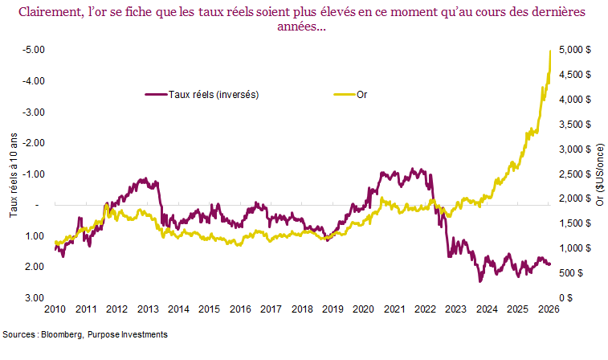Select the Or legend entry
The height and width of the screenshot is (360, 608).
coord(361,94)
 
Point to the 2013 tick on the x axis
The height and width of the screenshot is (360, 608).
coord(147,309)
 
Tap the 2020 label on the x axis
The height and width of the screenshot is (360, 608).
coord(363,309)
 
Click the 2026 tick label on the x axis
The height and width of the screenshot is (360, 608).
coord(549,309)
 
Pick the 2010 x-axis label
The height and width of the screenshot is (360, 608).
coord(55,309)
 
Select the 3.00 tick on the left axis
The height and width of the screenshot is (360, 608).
coord(33,298)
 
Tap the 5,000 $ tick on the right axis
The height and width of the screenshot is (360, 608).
coord(575,50)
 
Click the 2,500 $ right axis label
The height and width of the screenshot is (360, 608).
coord(575,174)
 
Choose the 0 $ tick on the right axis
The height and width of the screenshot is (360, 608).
coord(567,298)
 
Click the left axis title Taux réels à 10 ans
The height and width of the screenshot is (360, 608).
coord(13,174)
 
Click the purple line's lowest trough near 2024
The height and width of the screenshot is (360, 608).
coord(480,280)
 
